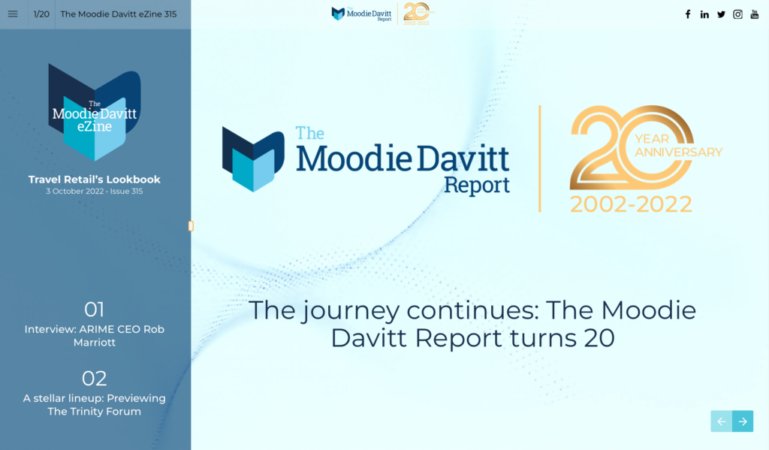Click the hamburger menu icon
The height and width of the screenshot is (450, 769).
tap(13, 14)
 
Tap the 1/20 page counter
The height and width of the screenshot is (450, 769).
tap(41, 14)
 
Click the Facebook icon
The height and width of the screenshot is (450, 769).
tap(688, 14)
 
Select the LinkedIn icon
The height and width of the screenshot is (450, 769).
tap(704, 14)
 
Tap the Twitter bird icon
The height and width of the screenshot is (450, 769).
tap(721, 14)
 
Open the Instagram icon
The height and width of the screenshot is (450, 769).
tap(737, 14)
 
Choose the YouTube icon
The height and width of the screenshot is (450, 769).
tap(755, 14)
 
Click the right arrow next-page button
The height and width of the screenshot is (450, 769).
tap(743, 421)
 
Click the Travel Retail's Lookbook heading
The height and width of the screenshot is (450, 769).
tap(94, 180)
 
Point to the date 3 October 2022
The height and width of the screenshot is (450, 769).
tap(75, 192)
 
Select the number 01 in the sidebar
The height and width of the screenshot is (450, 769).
tap(94, 310)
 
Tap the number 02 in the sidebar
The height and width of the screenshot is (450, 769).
tap(94, 379)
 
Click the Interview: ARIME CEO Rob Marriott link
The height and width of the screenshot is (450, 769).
tap(94, 336)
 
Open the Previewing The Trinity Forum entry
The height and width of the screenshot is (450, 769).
tap(94, 405)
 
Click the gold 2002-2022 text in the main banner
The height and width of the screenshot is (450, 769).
tap(631, 204)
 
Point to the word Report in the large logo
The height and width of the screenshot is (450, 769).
tap(477, 185)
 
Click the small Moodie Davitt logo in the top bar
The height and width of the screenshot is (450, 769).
tap(361, 14)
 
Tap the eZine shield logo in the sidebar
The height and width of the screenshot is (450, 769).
tap(94, 113)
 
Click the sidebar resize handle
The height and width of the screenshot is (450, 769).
tap(191, 225)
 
